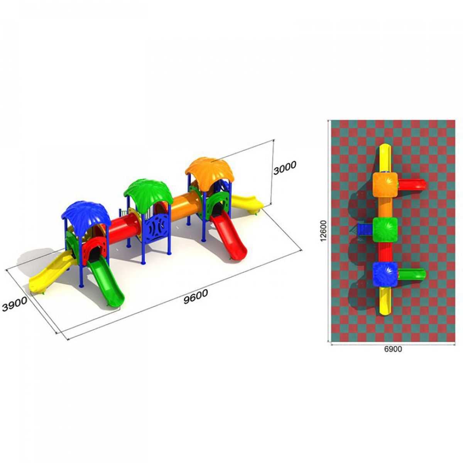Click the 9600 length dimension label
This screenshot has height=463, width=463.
point(196,296)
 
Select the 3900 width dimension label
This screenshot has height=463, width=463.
point(15,304)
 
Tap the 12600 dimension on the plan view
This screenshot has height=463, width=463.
point(324,231)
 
